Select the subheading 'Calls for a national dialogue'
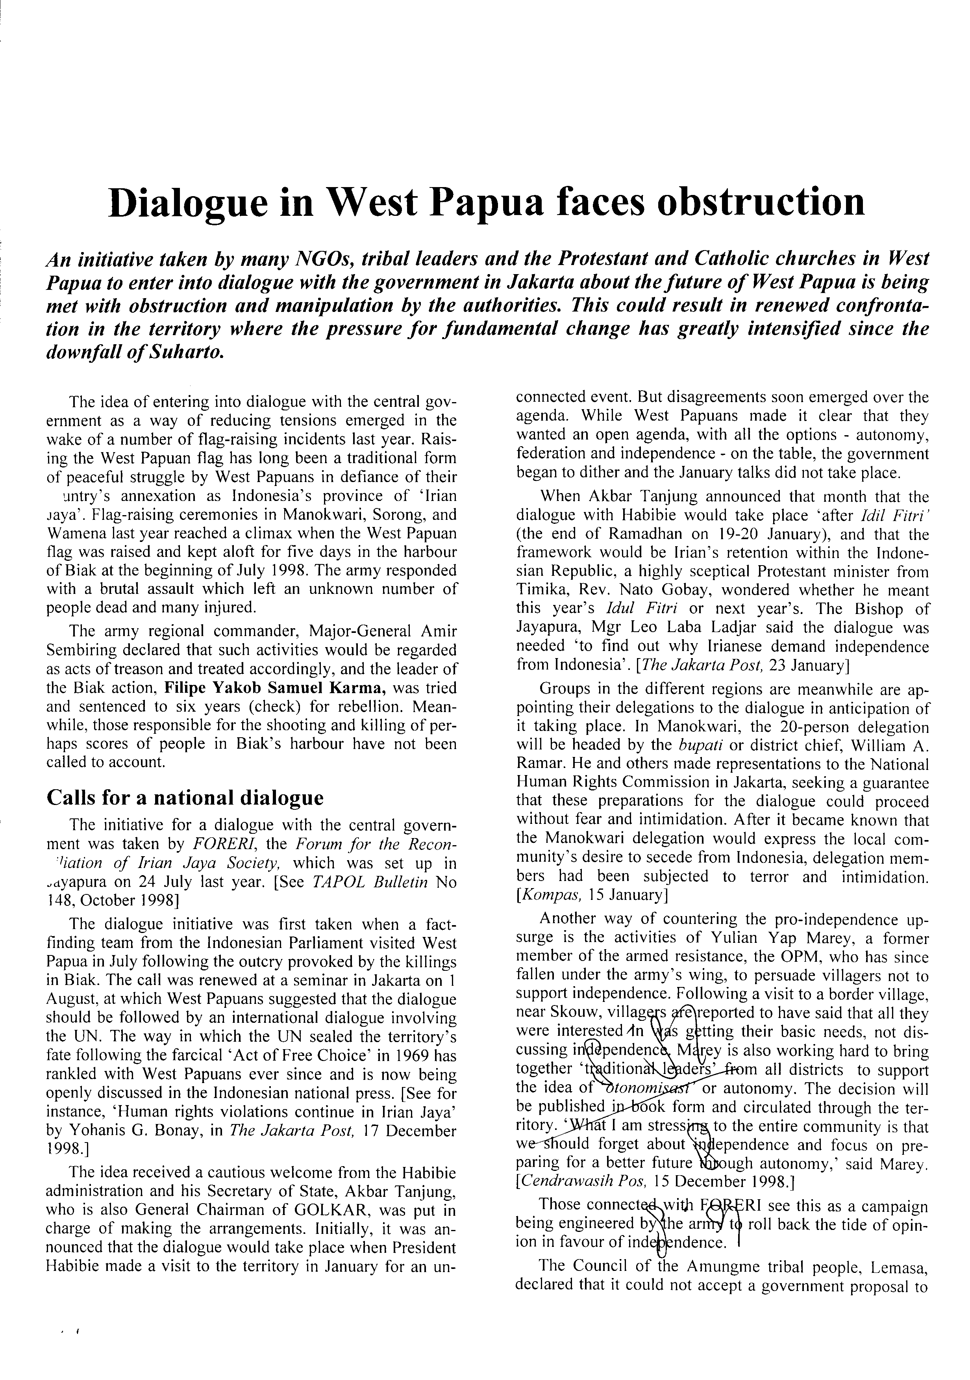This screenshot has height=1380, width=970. (185, 798)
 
